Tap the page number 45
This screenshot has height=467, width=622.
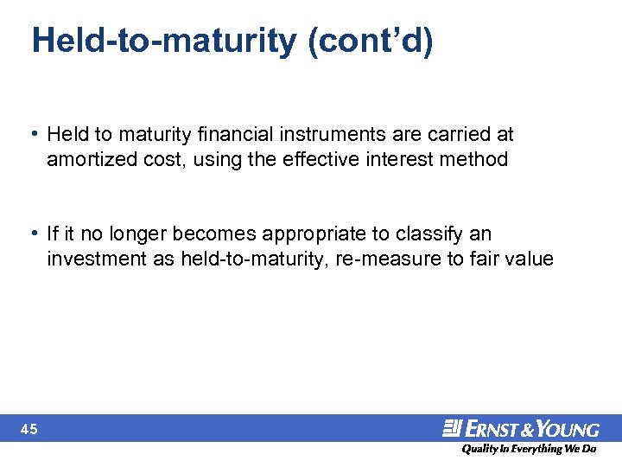click(x=31, y=429)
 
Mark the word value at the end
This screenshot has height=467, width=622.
click(x=530, y=259)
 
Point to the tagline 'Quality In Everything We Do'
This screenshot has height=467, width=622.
click(x=528, y=450)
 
